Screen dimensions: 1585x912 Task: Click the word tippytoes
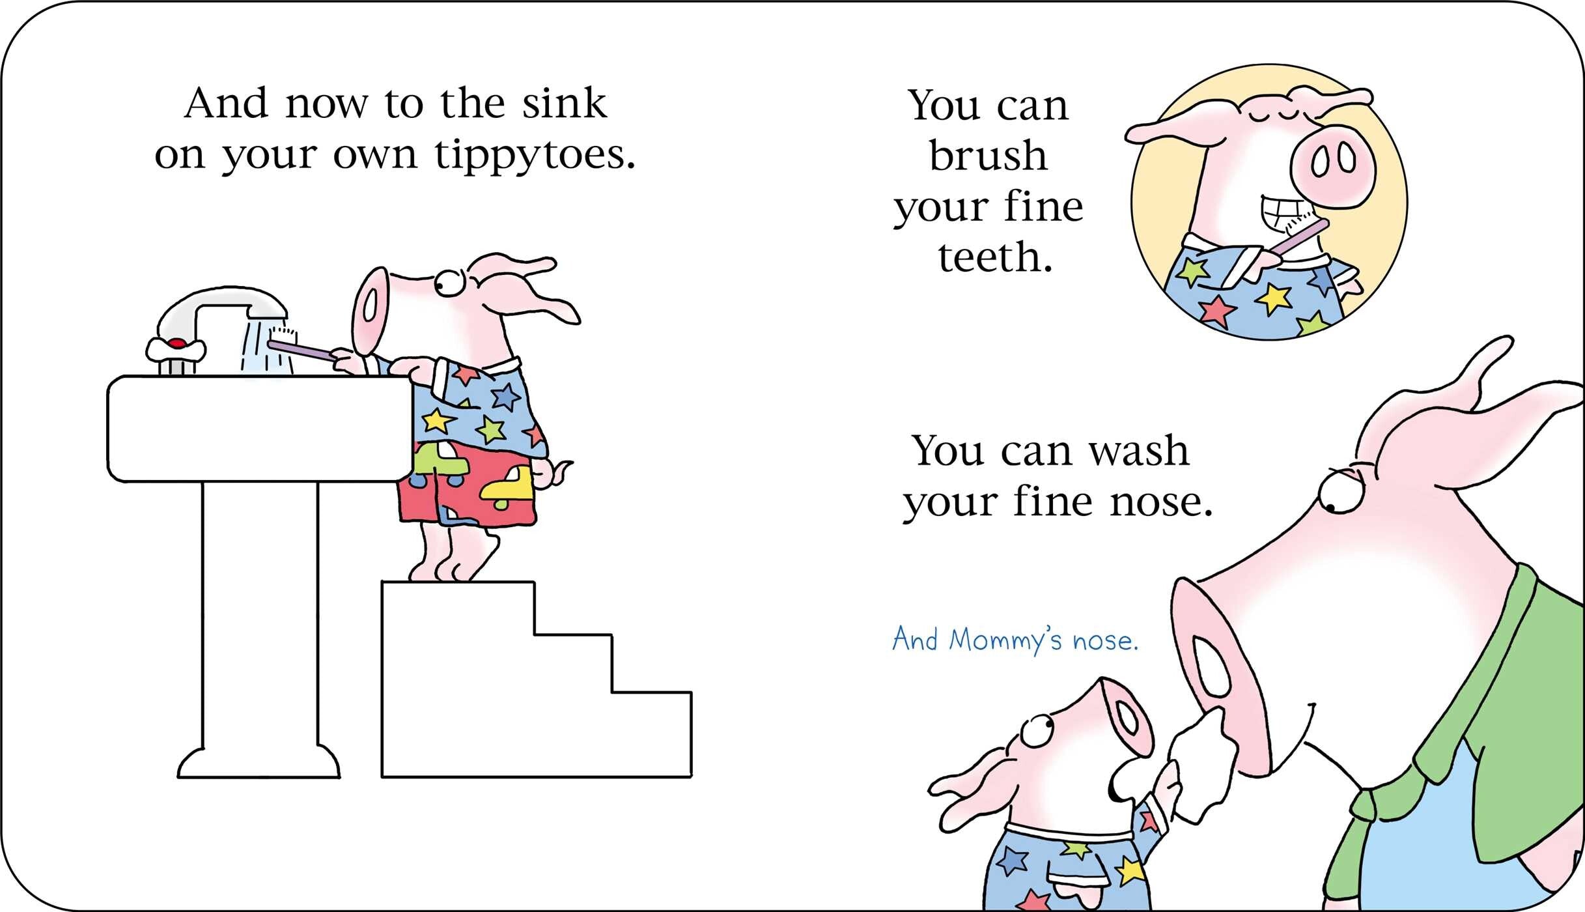click(535, 156)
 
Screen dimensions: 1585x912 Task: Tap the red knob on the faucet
click(176, 343)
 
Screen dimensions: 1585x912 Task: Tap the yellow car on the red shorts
click(507, 487)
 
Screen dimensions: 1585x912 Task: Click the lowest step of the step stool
click(651, 734)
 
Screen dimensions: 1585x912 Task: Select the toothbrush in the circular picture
click(1296, 238)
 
